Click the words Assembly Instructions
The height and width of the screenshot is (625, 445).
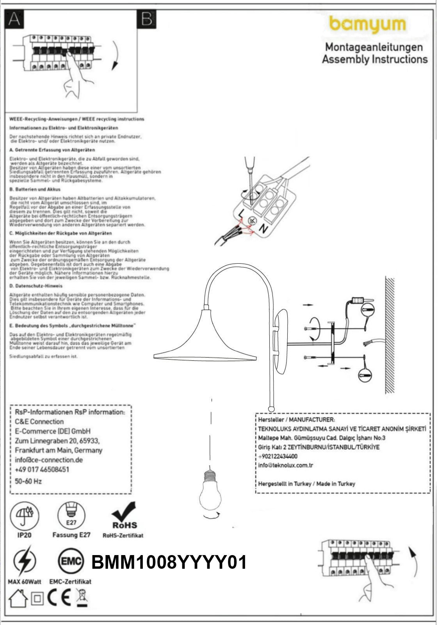375,59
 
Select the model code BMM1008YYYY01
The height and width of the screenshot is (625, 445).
169,563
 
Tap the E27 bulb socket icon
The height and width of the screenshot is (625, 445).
71,515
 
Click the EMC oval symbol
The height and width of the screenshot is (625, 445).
71,562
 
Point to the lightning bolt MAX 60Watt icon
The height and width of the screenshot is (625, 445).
24,562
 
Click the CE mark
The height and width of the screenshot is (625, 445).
59,597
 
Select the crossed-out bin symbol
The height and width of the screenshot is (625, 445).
82,597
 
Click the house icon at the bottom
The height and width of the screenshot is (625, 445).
18,598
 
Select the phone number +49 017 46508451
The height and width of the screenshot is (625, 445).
42,469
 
